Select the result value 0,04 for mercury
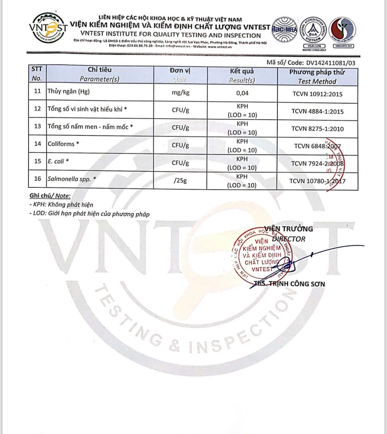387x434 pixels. (242, 93)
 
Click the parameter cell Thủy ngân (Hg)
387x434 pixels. (68, 91)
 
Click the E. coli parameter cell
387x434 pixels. (58, 162)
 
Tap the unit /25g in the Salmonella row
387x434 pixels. (180, 181)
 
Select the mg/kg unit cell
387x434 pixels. (181, 93)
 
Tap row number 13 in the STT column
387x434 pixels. (38, 127)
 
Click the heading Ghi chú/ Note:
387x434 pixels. (50, 196)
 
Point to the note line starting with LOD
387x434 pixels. (90, 214)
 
